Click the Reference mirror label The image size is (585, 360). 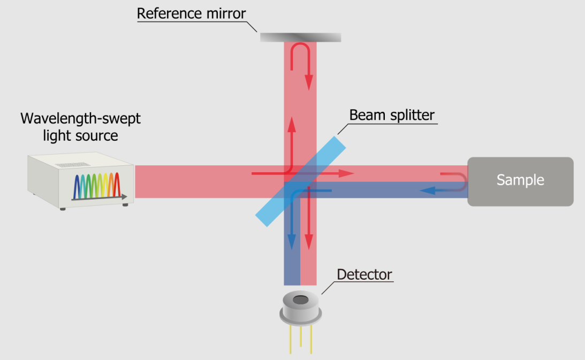[x=191, y=13]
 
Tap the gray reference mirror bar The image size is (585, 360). [x=300, y=37]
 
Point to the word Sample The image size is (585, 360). [x=520, y=180]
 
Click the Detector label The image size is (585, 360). [x=364, y=275]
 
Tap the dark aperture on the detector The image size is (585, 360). [x=301, y=300]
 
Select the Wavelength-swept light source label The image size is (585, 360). [x=80, y=127]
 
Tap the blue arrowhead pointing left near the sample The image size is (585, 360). [x=427, y=189]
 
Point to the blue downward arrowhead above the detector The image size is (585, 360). [x=292, y=243]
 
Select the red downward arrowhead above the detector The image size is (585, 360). [x=308, y=243]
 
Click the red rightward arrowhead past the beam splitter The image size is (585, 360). [x=348, y=173]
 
